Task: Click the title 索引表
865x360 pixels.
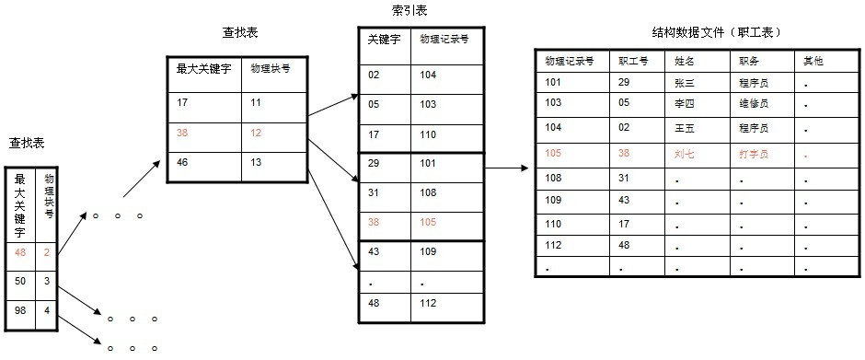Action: point(409,11)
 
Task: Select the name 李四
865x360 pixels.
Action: point(684,103)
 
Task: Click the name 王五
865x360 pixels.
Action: point(684,129)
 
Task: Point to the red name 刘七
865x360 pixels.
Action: point(684,155)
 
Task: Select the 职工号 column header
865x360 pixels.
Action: point(633,61)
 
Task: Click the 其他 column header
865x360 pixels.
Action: point(813,61)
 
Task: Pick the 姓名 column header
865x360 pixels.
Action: point(684,61)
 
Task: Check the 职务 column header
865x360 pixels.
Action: point(747,61)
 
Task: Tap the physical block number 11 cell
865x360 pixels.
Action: point(257,102)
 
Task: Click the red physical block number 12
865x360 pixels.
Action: point(257,134)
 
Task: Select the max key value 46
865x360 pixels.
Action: point(182,163)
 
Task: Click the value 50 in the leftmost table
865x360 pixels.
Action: point(19,281)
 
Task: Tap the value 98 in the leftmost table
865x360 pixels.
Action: point(19,311)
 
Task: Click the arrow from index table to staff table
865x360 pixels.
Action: point(506,168)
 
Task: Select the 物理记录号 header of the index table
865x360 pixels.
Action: point(444,40)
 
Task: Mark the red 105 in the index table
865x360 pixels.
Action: point(429,222)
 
